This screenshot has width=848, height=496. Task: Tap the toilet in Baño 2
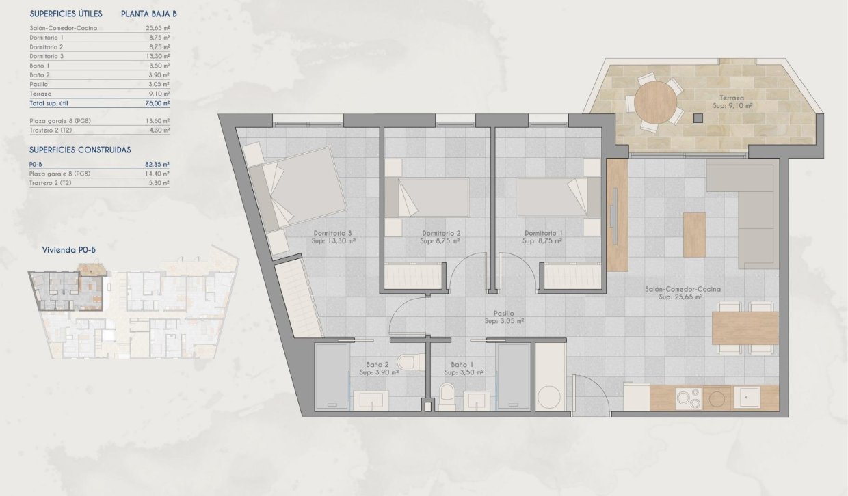coord(409,361)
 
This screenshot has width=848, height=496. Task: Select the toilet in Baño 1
coord(447,395)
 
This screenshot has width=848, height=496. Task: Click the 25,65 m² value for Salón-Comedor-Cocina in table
coord(158,28)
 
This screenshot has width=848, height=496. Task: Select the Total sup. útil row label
coord(50,102)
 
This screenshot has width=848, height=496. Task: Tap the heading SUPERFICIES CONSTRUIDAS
coord(80,150)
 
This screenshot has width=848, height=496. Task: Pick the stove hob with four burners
coord(687,398)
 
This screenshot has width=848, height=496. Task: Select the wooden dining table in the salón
coord(745,329)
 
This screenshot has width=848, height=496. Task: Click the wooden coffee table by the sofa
coord(694,234)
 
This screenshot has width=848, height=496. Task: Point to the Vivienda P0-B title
coord(69,251)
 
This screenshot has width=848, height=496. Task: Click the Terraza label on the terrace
coord(731,98)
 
